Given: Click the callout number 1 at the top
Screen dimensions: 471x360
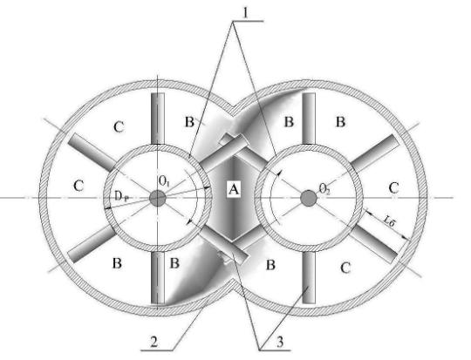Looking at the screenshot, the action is (246, 13).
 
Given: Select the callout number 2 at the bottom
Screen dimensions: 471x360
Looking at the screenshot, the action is (154, 342).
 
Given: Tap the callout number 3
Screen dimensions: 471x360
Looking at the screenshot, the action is (280, 342).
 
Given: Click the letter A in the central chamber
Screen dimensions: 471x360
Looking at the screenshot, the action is (234, 189).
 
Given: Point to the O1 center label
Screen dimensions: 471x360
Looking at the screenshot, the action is (164, 180).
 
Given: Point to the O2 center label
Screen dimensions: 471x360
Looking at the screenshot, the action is (324, 189).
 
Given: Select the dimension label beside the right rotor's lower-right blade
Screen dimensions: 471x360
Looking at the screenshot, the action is (388, 221).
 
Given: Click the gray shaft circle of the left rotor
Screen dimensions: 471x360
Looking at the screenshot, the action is (158, 198).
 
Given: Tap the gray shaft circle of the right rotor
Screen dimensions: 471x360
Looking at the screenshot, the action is (309, 198).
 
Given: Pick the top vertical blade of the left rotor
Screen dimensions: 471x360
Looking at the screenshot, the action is (158, 119).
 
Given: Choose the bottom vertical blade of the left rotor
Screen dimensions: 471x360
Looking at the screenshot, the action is (158, 277).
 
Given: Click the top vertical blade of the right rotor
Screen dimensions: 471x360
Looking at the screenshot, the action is (309, 119).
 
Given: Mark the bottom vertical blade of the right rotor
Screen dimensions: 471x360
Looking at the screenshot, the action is (309, 277).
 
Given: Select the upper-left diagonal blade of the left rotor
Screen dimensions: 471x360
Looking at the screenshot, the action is (92, 151).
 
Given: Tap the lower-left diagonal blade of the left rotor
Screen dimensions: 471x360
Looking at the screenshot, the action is (92, 244).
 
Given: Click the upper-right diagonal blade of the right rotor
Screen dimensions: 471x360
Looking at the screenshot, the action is (375, 153).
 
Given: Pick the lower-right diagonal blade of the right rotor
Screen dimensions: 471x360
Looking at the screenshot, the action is (375, 244).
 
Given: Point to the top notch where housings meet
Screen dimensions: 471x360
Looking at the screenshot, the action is (233, 111).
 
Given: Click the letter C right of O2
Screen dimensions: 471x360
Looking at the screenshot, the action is (393, 188).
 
